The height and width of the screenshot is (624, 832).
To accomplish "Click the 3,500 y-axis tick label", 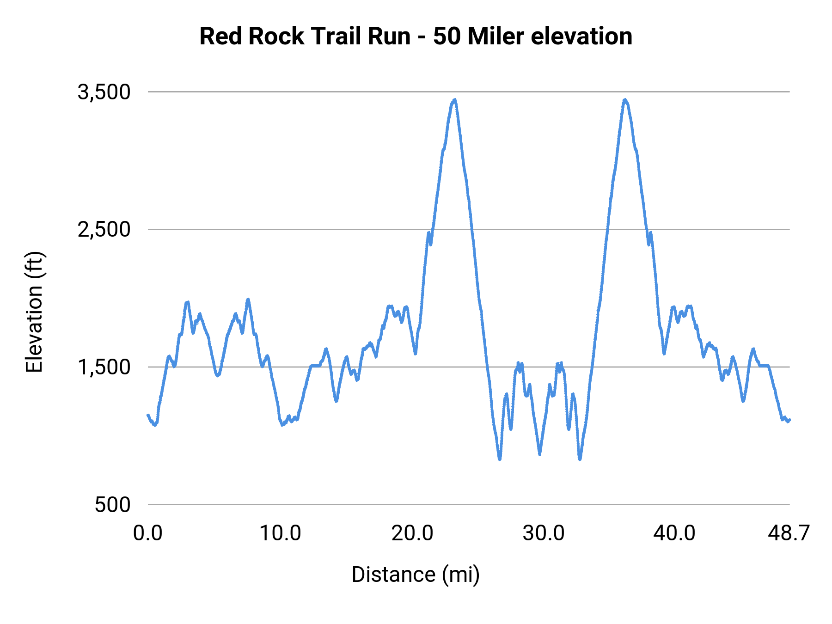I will pyautogui.click(x=104, y=92).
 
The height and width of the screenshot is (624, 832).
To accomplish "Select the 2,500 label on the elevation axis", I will pyautogui.click(x=104, y=230).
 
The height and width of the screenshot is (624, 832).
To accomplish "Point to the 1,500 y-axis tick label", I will pyautogui.click(x=104, y=367).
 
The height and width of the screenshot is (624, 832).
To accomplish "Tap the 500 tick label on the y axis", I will pyautogui.click(x=113, y=505).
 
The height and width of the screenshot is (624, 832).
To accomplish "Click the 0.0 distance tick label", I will pyautogui.click(x=148, y=533).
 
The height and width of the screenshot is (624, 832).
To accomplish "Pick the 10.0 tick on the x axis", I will pyautogui.click(x=280, y=533).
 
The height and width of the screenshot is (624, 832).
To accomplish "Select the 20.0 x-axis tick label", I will pyautogui.click(x=412, y=533).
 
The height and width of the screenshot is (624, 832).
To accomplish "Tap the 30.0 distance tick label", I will pyautogui.click(x=544, y=533).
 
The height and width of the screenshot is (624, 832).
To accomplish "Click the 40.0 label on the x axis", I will pyautogui.click(x=674, y=533).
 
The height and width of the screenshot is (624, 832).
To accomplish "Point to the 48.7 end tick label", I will pyautogui.click(x=789, y=533).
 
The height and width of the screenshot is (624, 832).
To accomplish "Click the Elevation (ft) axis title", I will pyautogui.click(x=34, y=312).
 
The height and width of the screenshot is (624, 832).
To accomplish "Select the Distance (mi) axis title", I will pyautogui.click(x=416, y=575).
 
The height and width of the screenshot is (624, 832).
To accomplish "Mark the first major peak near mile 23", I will pyautogui.click(x=455, y=99).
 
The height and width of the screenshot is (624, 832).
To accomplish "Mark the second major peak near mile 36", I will pyautogui.click(x=625, y=99).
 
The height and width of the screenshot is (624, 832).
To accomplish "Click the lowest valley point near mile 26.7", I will pyautogui.click(x=500, y=459).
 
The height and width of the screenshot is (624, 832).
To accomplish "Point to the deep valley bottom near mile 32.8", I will pyautogui.click(x=580, y=459).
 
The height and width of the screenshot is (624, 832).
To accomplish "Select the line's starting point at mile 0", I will pyautogui.click(x=148, y=415).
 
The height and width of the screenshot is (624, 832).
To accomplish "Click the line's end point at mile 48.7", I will pyautogui.click(x=789, y=420).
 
